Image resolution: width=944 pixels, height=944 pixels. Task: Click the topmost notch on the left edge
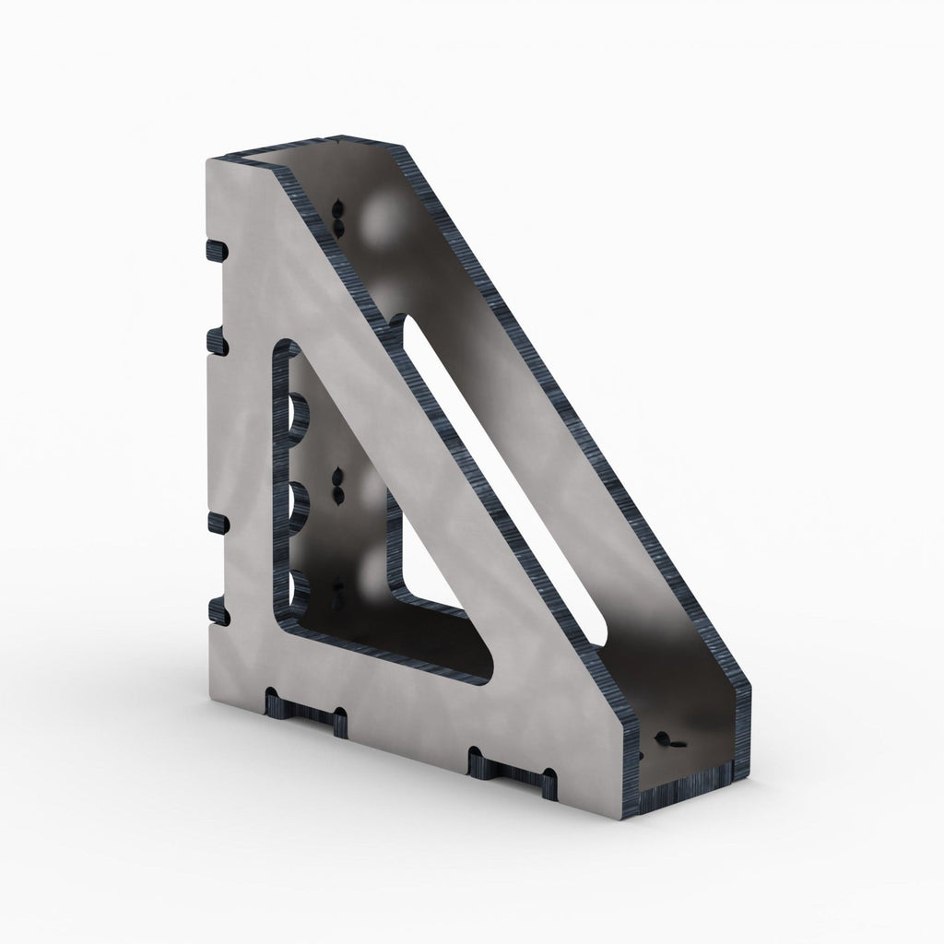click(215, 251)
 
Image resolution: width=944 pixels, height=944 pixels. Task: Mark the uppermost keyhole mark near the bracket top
click(338, 215)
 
